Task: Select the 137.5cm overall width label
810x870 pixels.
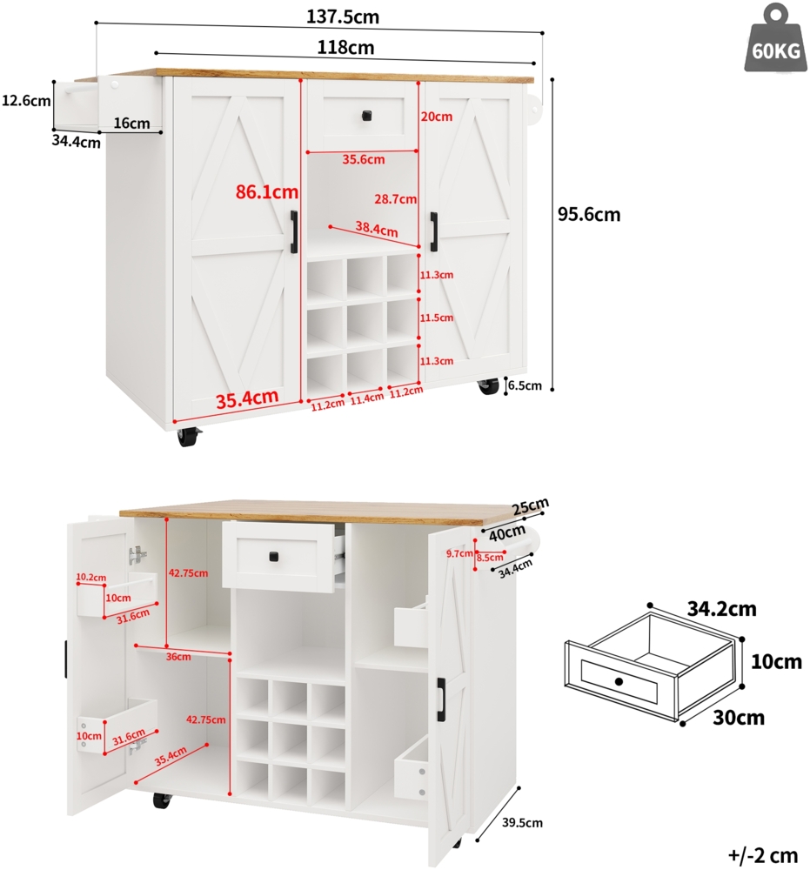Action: tap(343, 17)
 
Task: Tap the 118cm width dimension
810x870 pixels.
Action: tap(344, 47)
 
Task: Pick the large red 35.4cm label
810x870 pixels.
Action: tap(248, 399)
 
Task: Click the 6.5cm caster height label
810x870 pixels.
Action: tap(525, 385)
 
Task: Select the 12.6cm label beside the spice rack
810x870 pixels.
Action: tap(26, 101)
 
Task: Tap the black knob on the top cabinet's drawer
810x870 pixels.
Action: tap(366, 115)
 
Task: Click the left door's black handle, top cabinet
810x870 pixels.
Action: tap(294, 232)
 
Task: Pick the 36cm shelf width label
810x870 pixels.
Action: tap(177, 656)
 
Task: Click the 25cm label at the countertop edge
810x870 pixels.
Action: tap(531, 506)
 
